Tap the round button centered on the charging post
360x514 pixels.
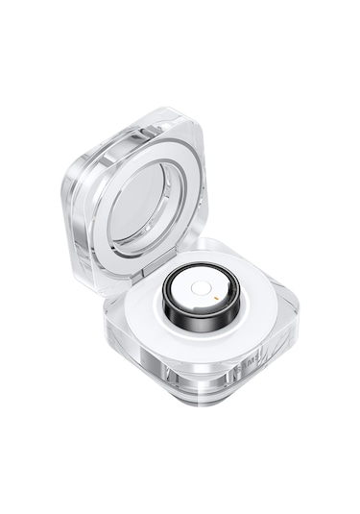[199, 287]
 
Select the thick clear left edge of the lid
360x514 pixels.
[77, 231]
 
